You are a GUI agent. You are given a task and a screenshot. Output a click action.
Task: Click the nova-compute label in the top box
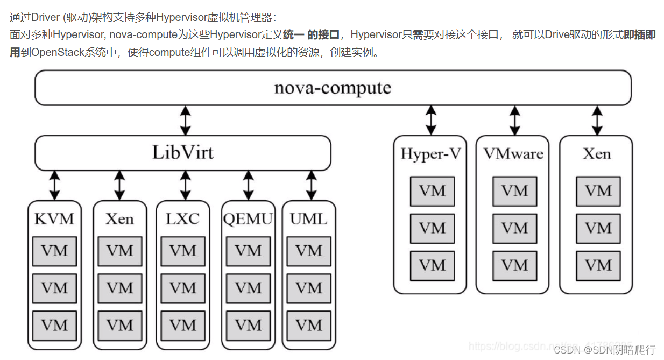point(333,88)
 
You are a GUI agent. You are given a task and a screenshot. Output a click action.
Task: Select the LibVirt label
point(183,152)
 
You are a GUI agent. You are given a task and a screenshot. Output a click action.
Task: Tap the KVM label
point(54,219)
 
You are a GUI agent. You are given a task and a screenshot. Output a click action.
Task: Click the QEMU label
point(248,219)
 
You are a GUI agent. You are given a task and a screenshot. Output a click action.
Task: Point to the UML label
point(309,219)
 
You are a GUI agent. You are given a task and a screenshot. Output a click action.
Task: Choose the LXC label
point(183,219)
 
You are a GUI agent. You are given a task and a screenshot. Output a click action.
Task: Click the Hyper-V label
point(431,154)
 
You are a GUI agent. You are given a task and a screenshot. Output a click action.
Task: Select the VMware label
point(513,154)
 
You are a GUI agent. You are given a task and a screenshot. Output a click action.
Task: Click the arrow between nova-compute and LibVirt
point(186,121)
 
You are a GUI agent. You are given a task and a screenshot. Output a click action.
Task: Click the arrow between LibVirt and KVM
point(54,186)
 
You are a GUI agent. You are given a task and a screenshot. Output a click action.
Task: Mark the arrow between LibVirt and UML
point(311,186)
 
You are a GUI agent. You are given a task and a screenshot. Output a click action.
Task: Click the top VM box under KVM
point(54,251)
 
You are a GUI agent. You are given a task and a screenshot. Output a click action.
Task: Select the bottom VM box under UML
point(309,326)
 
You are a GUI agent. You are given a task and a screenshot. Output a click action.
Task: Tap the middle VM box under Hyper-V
point(432,228)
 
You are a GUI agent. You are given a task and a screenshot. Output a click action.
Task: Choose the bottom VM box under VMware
point(515,265)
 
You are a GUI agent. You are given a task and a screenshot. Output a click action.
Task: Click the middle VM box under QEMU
point(248,288)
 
